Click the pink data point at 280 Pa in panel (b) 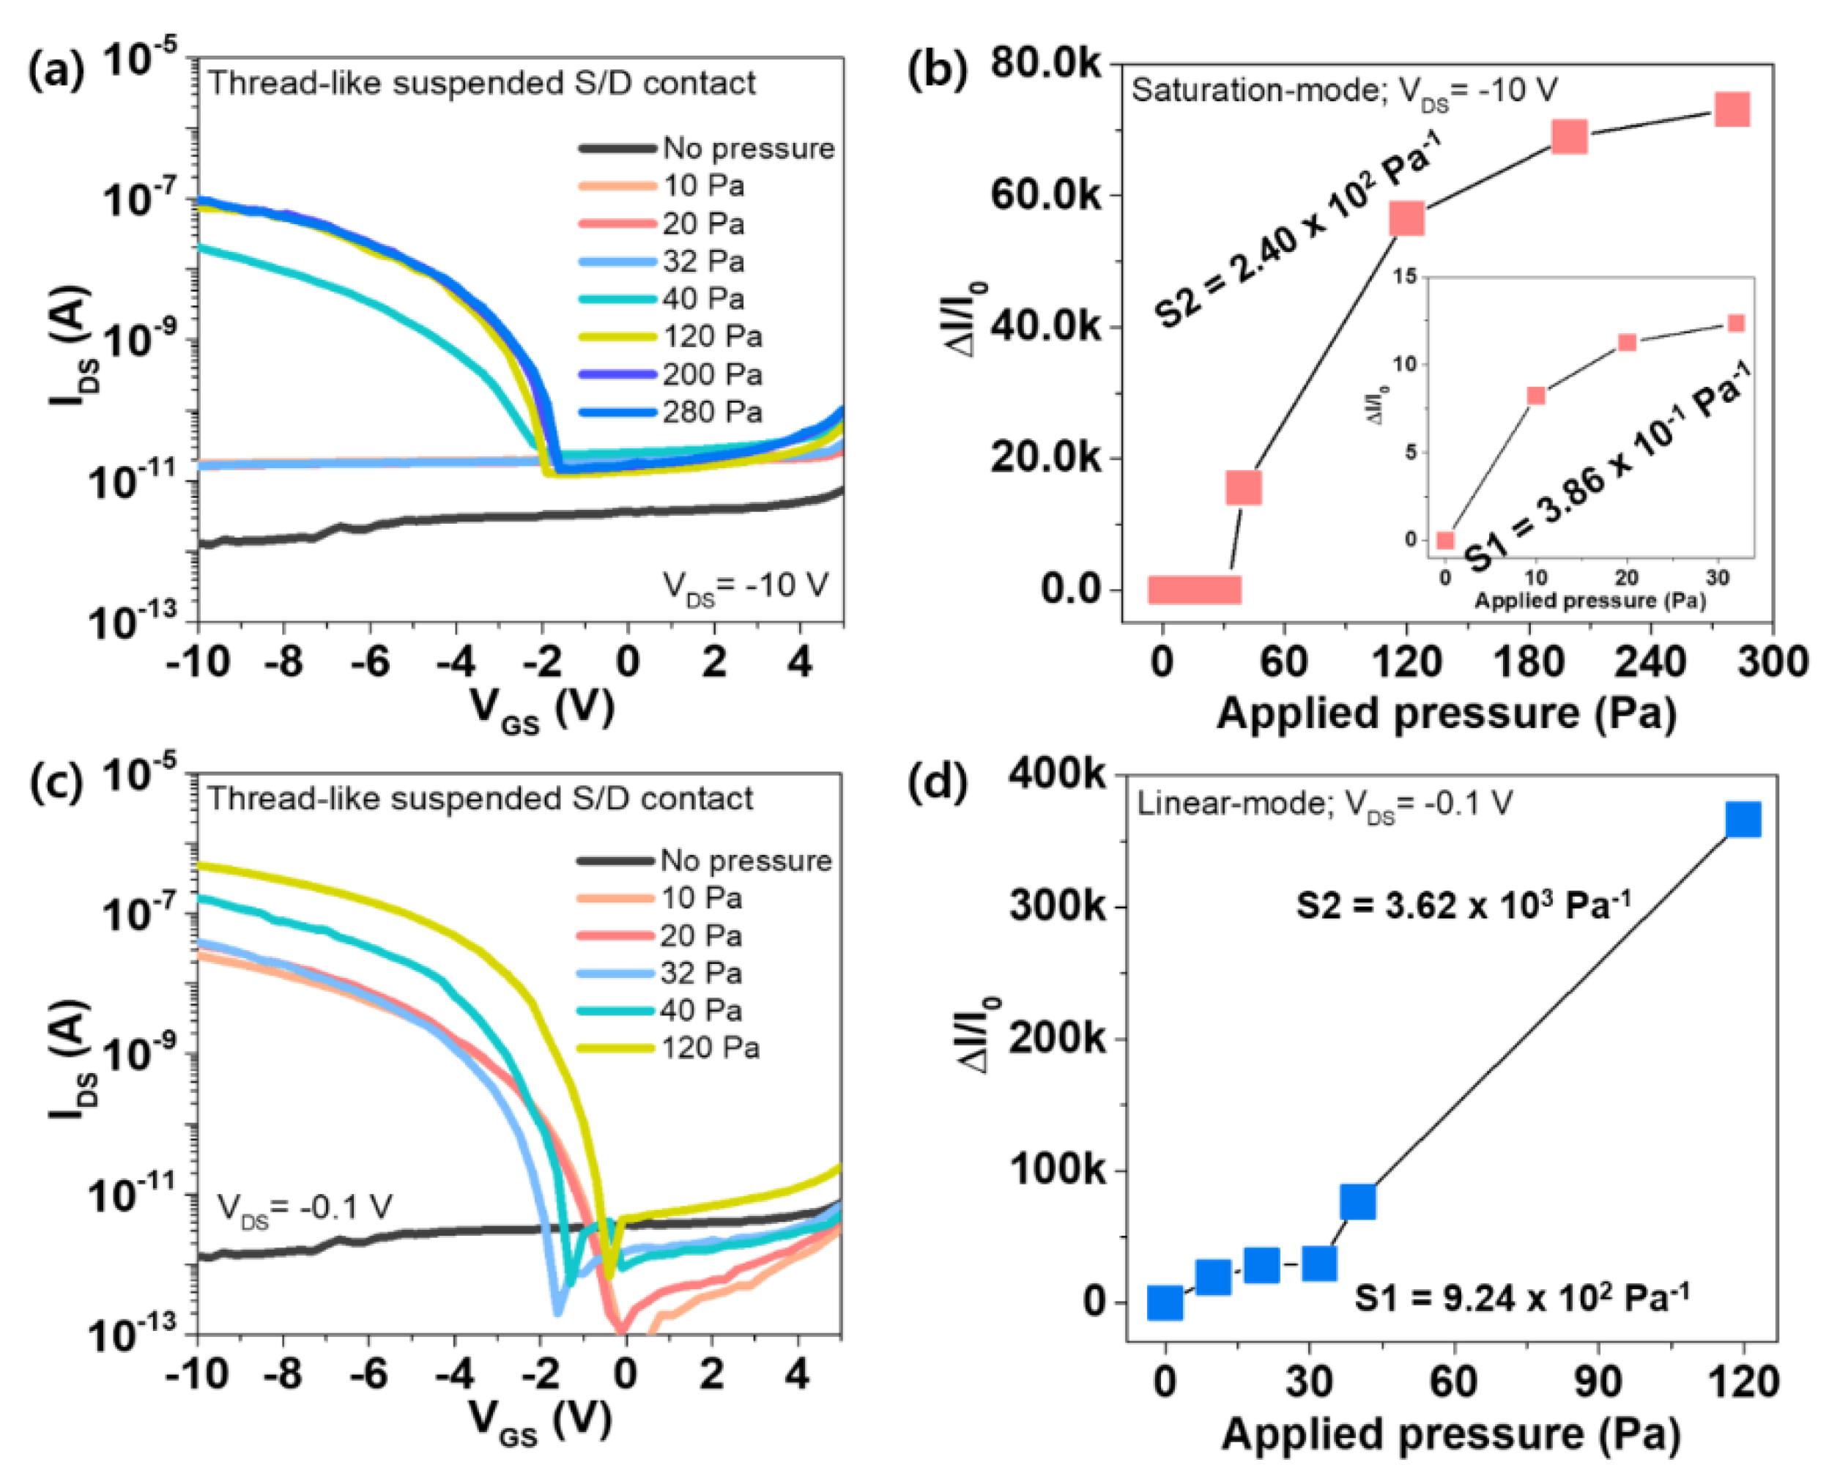click(1732, 110)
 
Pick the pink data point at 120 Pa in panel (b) click(1406, 218)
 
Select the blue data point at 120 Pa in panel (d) click(1743, 820)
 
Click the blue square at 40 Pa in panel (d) click(1358, 1201)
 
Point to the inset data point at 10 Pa click(1536, 396)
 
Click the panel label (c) click(56, 783)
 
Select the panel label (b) click(937, 72)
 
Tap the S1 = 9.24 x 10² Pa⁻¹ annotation click(1521, 1297)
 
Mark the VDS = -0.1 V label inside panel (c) click(305, 1207)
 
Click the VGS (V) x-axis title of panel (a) click(541, 708)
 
